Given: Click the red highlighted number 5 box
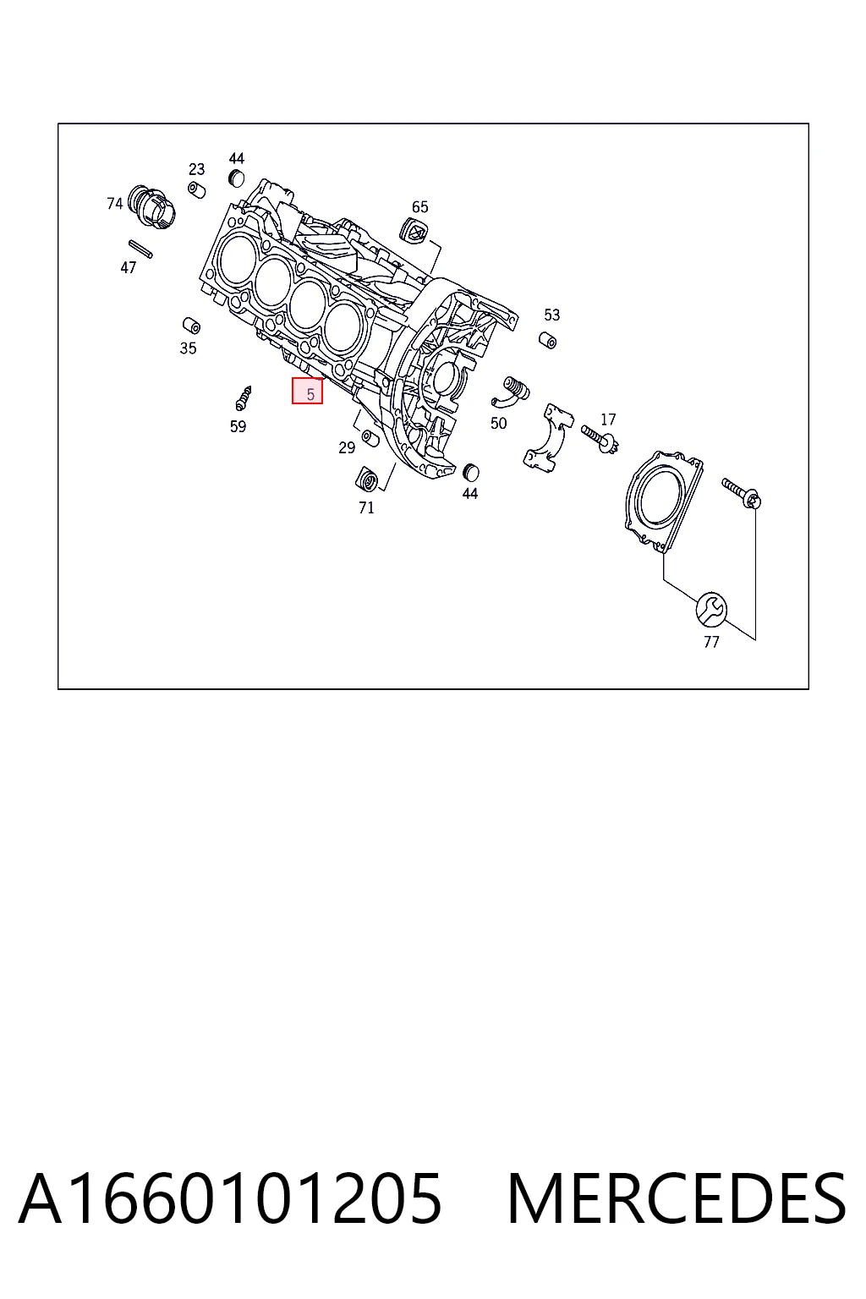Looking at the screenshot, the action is [x=307, y=390].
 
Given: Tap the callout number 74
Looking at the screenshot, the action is [x=115, y=204].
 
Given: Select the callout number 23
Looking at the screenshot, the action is [x=197, y=169].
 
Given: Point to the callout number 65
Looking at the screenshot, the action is [x=420, y=207].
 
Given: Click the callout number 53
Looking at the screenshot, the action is [x=551, y=315].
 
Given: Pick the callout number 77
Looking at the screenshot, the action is [x=711, y=641].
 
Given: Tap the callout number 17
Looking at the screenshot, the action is [x=608, y=419].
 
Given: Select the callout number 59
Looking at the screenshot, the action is [x=238, y=426].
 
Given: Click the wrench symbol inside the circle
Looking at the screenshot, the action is [x=711, y=610].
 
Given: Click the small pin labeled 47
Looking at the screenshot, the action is [x=140, y=249].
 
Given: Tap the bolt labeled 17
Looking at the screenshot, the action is [x=600, y=438].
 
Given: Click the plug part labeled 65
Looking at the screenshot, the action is [x=414, y=231].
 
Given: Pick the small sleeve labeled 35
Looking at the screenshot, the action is [x=191, y=326].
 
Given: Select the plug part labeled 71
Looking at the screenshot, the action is [x=366, y=479].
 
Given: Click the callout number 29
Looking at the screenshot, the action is [x=347, y=447].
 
